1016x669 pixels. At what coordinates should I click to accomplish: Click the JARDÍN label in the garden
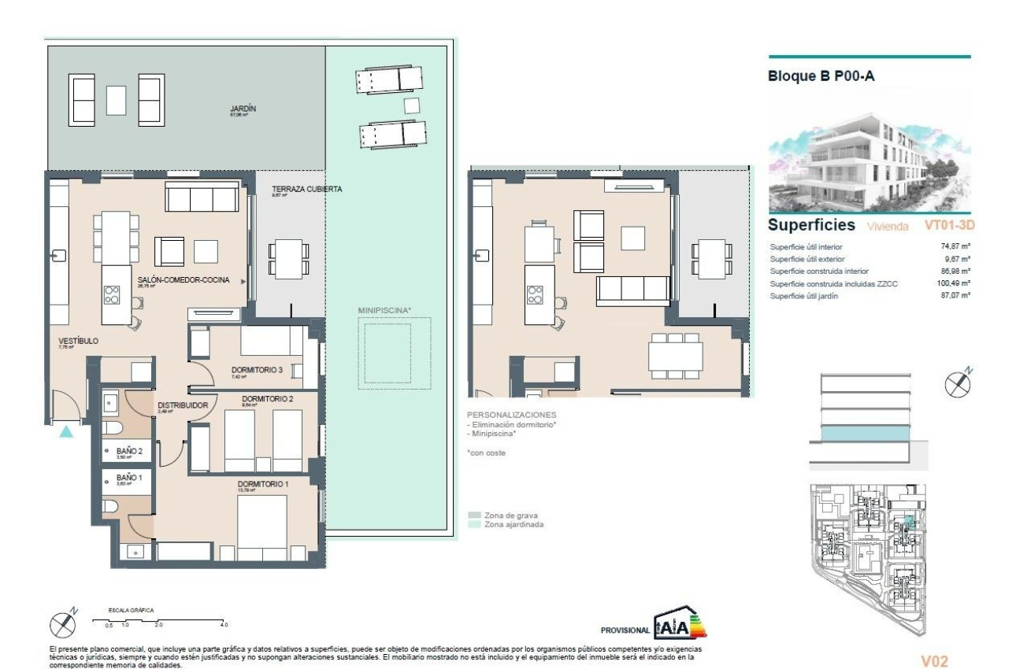(x=243, y=109)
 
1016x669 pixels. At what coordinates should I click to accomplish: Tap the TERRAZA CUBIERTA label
(x=306, y=189)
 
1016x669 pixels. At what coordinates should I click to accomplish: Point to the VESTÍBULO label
(x=78, y=341)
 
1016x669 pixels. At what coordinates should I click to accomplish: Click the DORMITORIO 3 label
(x=257, y=370)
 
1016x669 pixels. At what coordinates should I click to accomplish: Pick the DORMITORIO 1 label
(x=263, y=483)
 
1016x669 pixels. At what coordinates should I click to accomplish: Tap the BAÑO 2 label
(x=129, y=451)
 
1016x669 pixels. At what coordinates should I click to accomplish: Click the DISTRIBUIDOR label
(x=182, y=405)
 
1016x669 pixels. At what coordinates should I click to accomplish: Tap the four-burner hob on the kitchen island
(x=112, y=294)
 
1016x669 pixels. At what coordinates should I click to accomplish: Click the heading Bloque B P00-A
(x=821, y=76)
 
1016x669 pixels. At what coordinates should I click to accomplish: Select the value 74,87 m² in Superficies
(x=955, y=246)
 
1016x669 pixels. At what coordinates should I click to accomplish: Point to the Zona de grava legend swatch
(x=474, y=516)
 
